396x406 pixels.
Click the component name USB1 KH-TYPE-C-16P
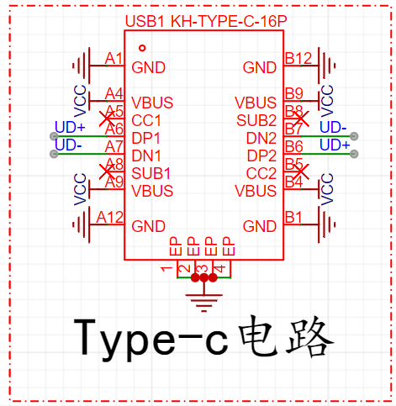(206, 21)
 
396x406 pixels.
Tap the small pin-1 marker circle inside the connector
(142, 48)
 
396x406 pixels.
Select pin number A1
(114, 59)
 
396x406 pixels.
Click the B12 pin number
(298, 59)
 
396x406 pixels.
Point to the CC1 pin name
(146, 121)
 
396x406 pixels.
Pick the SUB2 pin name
(256, 121)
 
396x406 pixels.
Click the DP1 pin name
(146, 138)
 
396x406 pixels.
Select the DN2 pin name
(261, 138)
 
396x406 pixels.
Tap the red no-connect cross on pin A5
(107, 119)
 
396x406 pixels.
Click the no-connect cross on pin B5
(301, 171)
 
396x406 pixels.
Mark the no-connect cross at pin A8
(107, 171)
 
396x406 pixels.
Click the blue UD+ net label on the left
(70, 127)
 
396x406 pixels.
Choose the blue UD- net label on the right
(333, 127)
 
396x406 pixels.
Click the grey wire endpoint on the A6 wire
(54, 136)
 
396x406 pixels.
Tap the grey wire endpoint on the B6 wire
(354, 154)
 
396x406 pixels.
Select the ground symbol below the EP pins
(203, 303)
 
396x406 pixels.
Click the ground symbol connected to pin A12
(82, 224)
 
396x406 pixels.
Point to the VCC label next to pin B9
(327, 101)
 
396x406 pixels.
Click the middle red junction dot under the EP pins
(203, 277)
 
